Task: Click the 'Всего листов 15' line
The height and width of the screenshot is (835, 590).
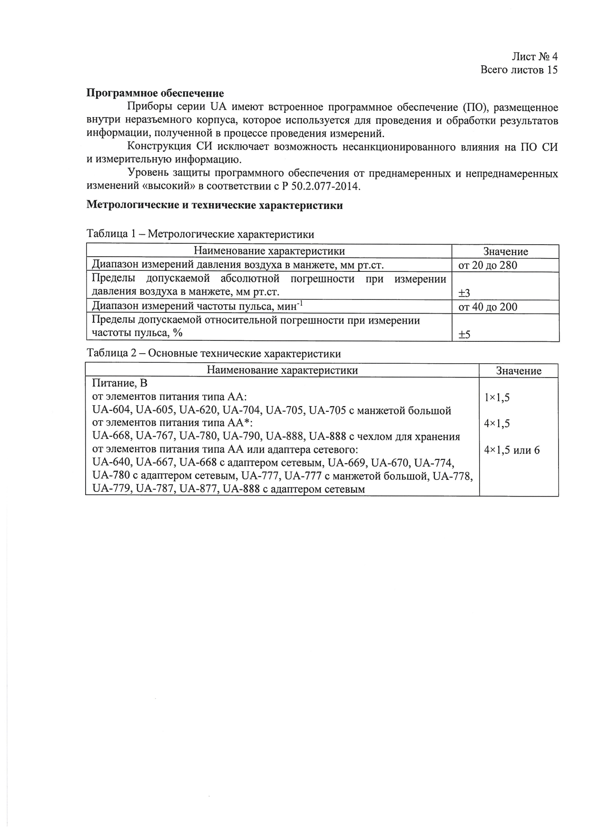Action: [519, 70]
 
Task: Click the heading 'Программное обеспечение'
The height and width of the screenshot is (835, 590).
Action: [155, 93]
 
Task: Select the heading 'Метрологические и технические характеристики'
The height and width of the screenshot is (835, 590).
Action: [214, 206]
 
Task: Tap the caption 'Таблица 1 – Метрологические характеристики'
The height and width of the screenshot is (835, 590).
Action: [200, 234]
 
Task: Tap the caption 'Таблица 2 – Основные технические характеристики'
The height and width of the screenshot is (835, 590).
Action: [213, 354]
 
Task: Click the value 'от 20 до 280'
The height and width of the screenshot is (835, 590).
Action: [487, 265]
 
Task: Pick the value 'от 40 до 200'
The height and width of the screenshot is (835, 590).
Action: [487, 307]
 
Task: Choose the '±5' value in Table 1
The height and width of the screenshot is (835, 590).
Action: [464, 335]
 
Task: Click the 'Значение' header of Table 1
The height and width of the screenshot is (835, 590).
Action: [505, 252]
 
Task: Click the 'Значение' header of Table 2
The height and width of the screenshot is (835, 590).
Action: [519, 371]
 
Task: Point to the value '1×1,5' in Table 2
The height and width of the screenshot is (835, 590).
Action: [497, 398]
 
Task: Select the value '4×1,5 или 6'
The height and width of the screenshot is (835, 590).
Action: [511, 450]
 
